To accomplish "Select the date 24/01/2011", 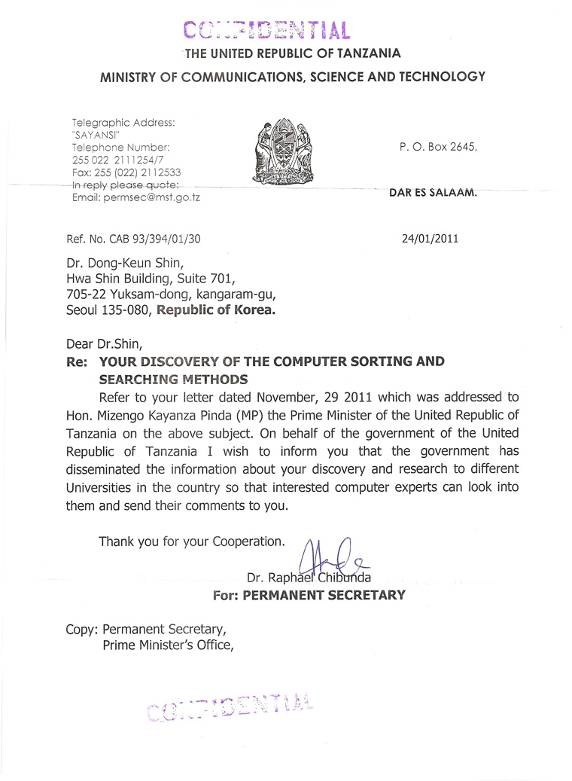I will pyautogui.click(x=430, y=239).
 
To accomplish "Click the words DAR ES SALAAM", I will pyautogui.click(x=433, y=192).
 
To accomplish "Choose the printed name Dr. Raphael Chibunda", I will pyautogui.click(x=309, y=578).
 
